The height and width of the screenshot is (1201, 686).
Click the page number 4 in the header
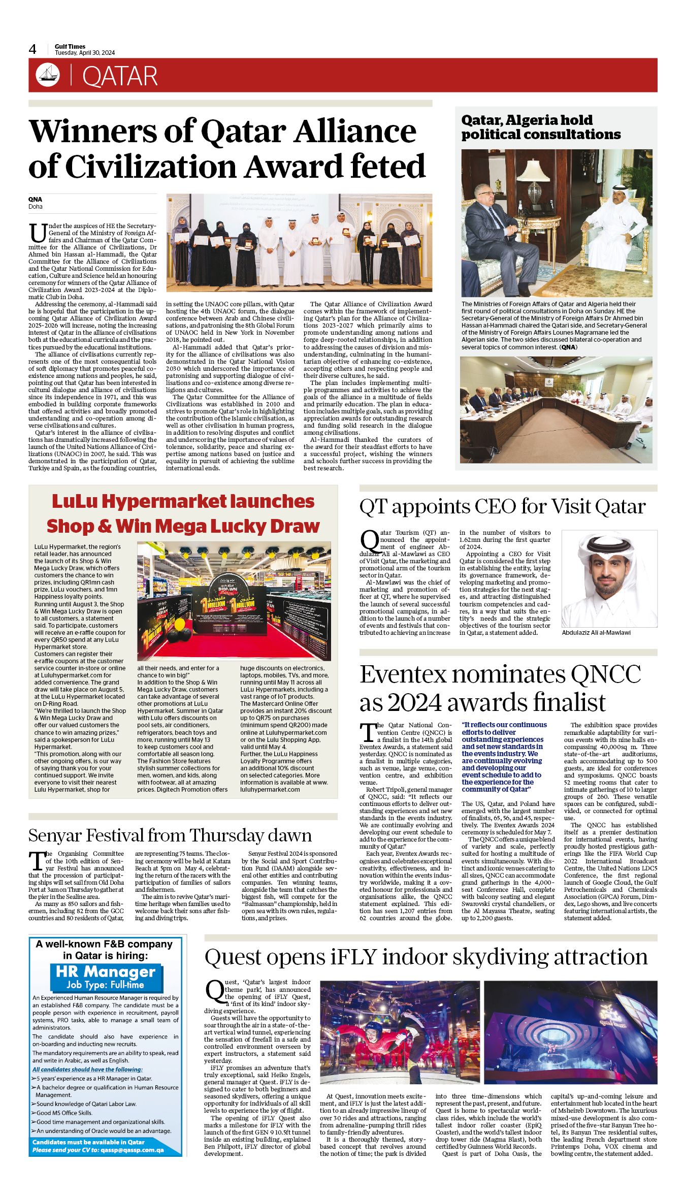coord(32,49)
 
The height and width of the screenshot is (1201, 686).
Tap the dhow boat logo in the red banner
coord(47,75)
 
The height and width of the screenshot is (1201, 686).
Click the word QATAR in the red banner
coord(120,76)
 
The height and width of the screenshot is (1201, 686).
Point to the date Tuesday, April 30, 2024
coord(85,53)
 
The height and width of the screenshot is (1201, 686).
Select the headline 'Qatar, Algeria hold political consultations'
coord(540,127)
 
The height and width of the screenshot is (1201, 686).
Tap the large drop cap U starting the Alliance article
coord(38,233)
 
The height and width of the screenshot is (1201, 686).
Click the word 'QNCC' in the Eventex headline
coord(606,674)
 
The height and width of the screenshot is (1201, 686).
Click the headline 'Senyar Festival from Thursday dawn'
coord(170,835)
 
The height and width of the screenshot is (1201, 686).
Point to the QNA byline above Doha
coord(35,200)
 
